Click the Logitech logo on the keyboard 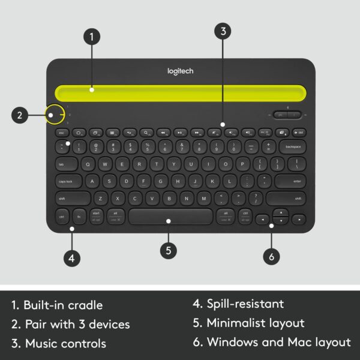click(179, 71)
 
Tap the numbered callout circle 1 click(91, 37)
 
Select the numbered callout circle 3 click(223, 32)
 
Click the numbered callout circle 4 click(71, 258)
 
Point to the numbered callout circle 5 click(169, 251)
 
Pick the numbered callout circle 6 click(271, 256)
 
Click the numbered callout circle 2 click(20, 114)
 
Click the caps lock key click(67, 181)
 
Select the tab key click(62, 164)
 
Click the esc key click(61, 132)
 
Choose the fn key click(79, 216)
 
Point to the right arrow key click(298, 220)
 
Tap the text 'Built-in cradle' click(64, 305)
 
